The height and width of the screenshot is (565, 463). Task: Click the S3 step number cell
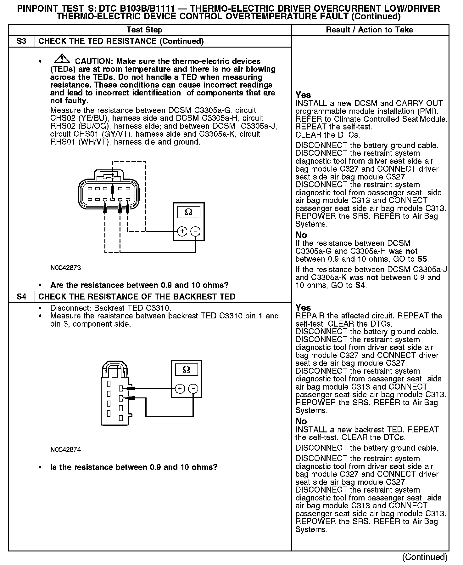pyautogui.click(x=21, y=41)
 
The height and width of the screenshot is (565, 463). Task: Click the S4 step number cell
pyautogui.click(x=21, y=297)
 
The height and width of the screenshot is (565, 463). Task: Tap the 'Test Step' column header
pyautogui.click(x=144, y=30)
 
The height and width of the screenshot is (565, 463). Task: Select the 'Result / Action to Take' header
pyautogui.click(x=370, y=30)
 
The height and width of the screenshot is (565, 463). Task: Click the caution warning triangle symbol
pyautogui.click(x=62, y=59)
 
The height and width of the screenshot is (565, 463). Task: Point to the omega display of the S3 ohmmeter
pyautogui.click(x=188, y=212)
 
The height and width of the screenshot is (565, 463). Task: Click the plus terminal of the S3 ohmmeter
pyautogui.click(x=182, y=231)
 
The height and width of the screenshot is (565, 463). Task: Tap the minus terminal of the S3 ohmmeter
pyautogui.click(x=195, y=231)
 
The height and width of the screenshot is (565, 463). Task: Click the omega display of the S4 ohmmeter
pyautogui.click(x=186, y=369)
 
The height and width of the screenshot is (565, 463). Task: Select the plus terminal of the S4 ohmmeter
pyautogui.click(x=180, y=389)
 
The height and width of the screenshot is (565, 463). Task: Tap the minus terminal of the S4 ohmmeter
pyautogui.click(x=193, y=389)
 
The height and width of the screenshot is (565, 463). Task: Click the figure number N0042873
pyautogui.click(x=65, y=268)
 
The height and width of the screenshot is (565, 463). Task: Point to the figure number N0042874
pyautogui.click(x=65, y=450)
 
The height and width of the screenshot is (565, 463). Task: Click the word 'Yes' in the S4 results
pyautogui.click(x=303, y=308)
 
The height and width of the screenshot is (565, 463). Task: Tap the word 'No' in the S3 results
pyautogui.click(x=301, y=235)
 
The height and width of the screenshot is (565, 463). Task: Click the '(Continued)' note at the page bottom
pyautogui.click(x=425, y=557)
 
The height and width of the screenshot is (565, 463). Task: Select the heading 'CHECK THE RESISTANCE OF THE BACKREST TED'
pyautogui.click(x=137, y=297)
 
